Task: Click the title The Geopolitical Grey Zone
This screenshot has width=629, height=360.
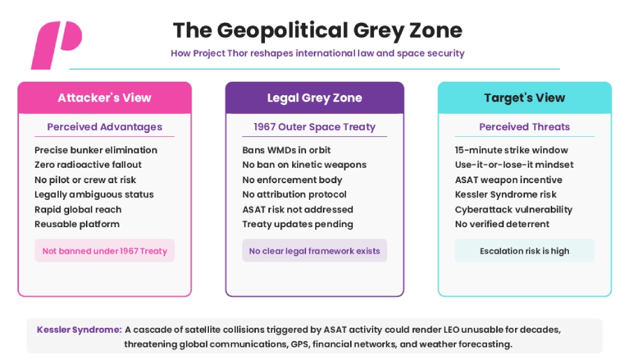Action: tap(317, 31)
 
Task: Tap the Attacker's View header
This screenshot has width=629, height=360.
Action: tap(105, 98)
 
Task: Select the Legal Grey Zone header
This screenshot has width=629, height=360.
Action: tap(314, 98)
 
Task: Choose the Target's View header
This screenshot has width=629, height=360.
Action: tap(525, 98)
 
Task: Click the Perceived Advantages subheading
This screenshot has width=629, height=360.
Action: tap(105, 127)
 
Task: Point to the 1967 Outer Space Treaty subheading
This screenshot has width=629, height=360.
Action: tap(314, 127)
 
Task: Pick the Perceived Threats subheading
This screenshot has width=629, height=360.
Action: tap(525, 127)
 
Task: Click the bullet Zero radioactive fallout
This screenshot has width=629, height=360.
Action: tap(88, 164)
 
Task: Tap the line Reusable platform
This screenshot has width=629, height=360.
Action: tap(77, 224)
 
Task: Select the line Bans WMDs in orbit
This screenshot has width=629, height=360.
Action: tap(287, 150)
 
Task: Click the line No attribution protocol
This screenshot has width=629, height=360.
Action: tap(294, 194)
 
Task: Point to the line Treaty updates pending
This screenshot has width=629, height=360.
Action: tap(298, 224)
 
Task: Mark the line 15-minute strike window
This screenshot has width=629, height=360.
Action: tap(512, 150)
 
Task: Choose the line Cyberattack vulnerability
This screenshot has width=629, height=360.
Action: tap(514, 210)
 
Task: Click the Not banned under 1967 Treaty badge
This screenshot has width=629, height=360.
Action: tap(105, 251)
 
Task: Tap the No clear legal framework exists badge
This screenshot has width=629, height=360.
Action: tap(314, 251)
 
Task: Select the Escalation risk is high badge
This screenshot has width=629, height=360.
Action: tap(525, 251)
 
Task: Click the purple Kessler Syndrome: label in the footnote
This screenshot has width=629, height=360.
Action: tap(80, 329)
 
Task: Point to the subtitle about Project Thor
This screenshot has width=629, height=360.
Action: tap(318, 53)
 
